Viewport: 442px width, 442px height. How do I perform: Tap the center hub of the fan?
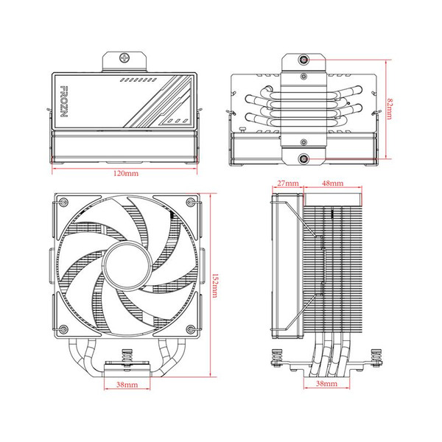click(x=127, y=267)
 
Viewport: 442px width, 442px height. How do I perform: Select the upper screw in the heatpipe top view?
click(x=304, y=59)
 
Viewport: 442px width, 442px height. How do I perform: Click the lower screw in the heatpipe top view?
click(x=304, y=157)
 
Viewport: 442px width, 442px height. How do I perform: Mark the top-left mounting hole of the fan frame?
click(x=63, y=203)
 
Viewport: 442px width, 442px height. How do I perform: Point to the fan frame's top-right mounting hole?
click(x=190, y=203)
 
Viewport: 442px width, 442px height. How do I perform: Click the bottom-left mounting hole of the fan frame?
click(x=63, y=330)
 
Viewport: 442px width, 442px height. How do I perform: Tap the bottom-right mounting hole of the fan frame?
click(x=190, y=330)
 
